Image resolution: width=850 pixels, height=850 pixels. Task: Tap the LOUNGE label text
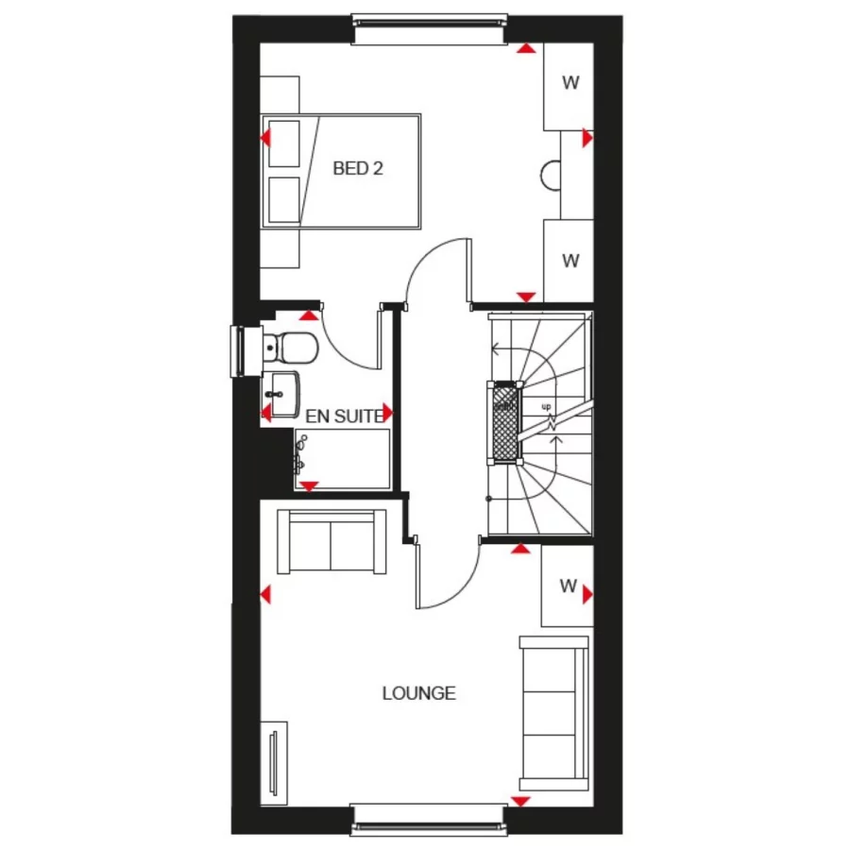(418, 693)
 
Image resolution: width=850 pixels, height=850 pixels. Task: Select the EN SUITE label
(344, 415)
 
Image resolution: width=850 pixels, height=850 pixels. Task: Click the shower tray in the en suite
(342, 459)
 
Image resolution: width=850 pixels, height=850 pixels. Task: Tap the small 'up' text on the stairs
(546, 406)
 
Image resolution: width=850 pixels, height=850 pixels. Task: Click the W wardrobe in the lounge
(567, 586)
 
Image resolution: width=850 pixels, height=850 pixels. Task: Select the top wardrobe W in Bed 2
(569, 83)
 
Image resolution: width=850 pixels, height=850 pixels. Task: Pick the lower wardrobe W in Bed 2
(569, 262)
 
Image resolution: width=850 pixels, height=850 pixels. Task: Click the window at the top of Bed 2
(430, 30)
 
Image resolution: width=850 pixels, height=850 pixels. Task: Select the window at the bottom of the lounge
(428, 817)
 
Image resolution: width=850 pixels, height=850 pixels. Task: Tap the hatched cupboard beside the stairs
(503, 422)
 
